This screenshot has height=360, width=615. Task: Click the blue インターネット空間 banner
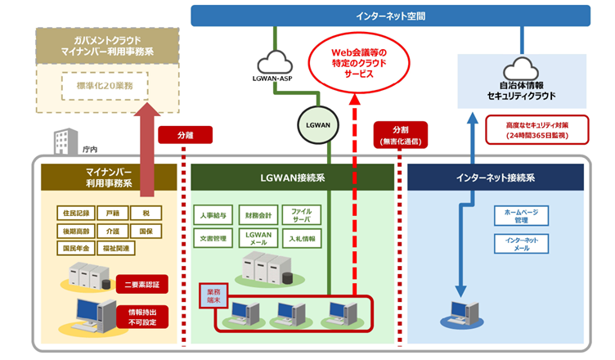(390, 16)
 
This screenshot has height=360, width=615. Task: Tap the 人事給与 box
(211, 216)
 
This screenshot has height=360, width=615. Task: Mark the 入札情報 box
(302, 239)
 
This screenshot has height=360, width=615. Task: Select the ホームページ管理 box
(521, 216)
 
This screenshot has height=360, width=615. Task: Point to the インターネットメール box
(521, 244)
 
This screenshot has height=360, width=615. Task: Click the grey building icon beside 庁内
(64, 142)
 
